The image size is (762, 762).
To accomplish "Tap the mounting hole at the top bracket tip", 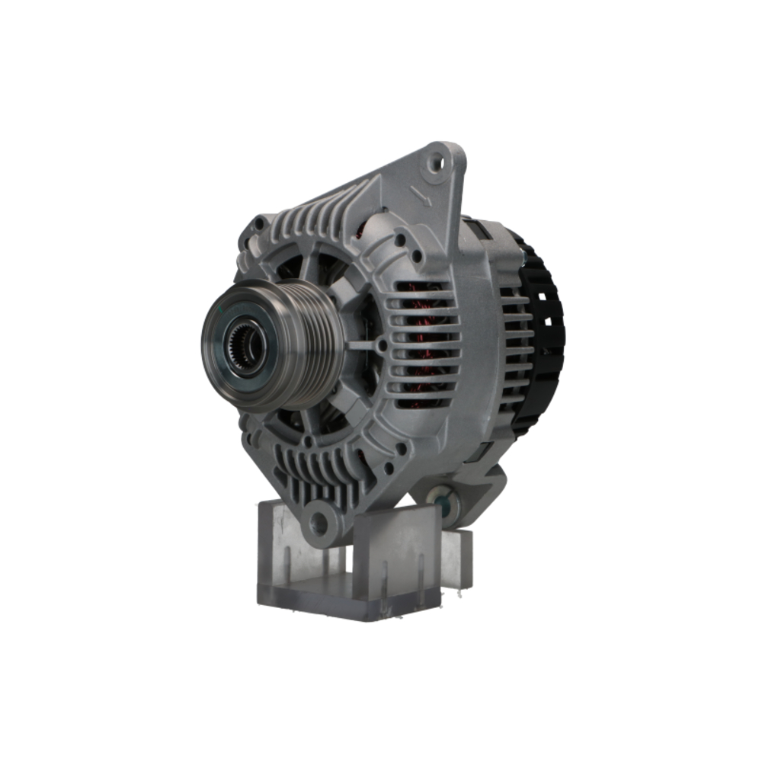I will (437, 161).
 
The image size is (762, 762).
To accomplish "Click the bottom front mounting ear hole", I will (320, 523).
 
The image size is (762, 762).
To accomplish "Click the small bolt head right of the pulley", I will (382, 345).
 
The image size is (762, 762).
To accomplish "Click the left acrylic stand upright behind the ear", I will (278, 549).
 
